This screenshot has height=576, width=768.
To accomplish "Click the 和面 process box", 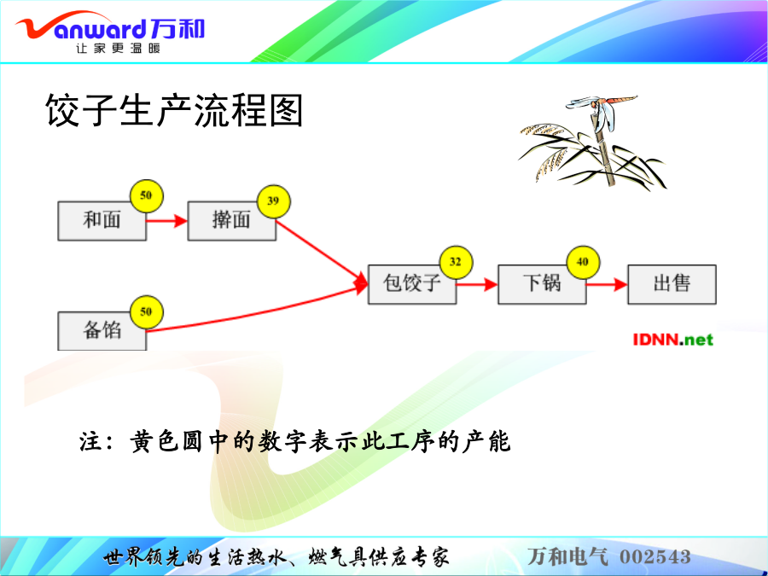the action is (x=102, y=220).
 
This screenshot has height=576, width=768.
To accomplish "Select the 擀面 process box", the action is (x=231, y=220).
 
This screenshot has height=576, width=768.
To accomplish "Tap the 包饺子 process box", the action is (x=412, y=284).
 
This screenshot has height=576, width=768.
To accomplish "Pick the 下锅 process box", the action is (x=542, y=284).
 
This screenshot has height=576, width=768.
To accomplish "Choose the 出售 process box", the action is (x=672, y=284).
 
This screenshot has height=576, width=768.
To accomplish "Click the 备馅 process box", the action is (x=102, y=330).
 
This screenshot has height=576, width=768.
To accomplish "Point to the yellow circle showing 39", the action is (x=274, y=201).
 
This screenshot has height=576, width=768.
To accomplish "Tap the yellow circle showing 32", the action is (x=456, y=262).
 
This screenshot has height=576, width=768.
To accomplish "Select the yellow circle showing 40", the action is (x=583, y=262).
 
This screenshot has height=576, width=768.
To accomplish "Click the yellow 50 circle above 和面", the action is (x=147, y=196).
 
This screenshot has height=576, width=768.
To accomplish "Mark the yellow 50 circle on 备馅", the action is (x=147, y=312).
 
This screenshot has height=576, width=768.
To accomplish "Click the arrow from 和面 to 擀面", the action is (x=166, y=221).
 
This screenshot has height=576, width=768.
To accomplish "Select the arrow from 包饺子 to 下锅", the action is (x=477, y=284).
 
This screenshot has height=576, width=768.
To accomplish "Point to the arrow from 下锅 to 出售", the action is (x=607, y=284).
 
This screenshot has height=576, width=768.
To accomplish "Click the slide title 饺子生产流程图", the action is (x=174, y=110).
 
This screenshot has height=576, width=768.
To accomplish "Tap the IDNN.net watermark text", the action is (x=673, y=339).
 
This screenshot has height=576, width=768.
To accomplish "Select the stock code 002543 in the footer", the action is (x=655, y=557).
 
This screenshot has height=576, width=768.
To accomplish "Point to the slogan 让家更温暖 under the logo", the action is (x=118, y=48).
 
